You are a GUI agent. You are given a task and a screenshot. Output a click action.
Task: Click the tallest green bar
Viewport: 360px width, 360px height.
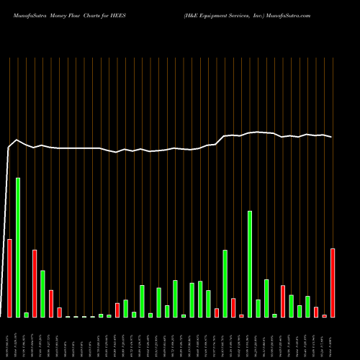tap(18, 247)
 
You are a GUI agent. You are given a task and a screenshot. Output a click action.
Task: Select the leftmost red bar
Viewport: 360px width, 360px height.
tap(9, 278)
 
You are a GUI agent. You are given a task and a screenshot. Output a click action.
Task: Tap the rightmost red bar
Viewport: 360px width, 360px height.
tap(333, 283)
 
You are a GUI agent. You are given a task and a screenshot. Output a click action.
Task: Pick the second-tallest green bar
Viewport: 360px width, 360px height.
tap(250, 264)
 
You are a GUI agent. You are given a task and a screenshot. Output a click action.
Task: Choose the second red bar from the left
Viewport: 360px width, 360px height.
tap(35, 283)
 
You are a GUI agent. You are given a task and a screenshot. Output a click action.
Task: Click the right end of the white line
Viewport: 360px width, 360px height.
tap(332, 137)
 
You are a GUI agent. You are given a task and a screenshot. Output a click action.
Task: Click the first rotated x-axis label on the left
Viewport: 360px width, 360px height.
tap(9, 338)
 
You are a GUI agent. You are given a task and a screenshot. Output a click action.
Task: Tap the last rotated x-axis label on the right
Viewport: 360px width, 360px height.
tap(333, 338)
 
